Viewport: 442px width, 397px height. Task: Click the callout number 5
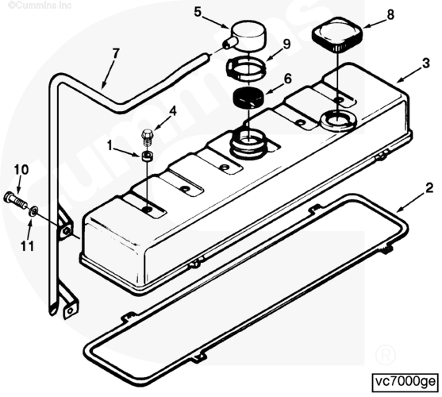click(x=198, y=12)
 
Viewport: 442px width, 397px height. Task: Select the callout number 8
click(x=390, y=14)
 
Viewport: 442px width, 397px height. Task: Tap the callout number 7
click(x=116, y=53)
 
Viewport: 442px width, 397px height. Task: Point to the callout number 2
click(x=429, y=188)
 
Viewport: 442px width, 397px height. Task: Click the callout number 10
click(x=21, y=170)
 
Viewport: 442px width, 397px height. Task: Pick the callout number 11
click(x=27, y=246)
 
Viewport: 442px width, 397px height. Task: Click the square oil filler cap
click(x=337, y=35)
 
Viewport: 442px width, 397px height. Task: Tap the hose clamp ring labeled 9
click(x=246, y=68)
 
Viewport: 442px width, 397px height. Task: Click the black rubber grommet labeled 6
click(x=248, y=98)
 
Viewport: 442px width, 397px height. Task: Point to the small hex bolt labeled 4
click(x=148, y=137)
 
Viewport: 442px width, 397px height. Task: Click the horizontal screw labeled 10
click(x=16, y=199)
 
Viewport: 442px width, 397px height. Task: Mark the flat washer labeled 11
click(x=33, y=211)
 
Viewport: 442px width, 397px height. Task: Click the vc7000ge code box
click(x=405, y=383)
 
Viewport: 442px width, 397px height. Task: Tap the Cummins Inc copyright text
click(x=40, y=5)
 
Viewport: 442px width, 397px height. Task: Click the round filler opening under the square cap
click(x=339, y=120)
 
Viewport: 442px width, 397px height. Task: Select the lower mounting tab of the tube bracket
click(x=70, y=309)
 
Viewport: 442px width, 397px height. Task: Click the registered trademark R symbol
click(x=386, y=355)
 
